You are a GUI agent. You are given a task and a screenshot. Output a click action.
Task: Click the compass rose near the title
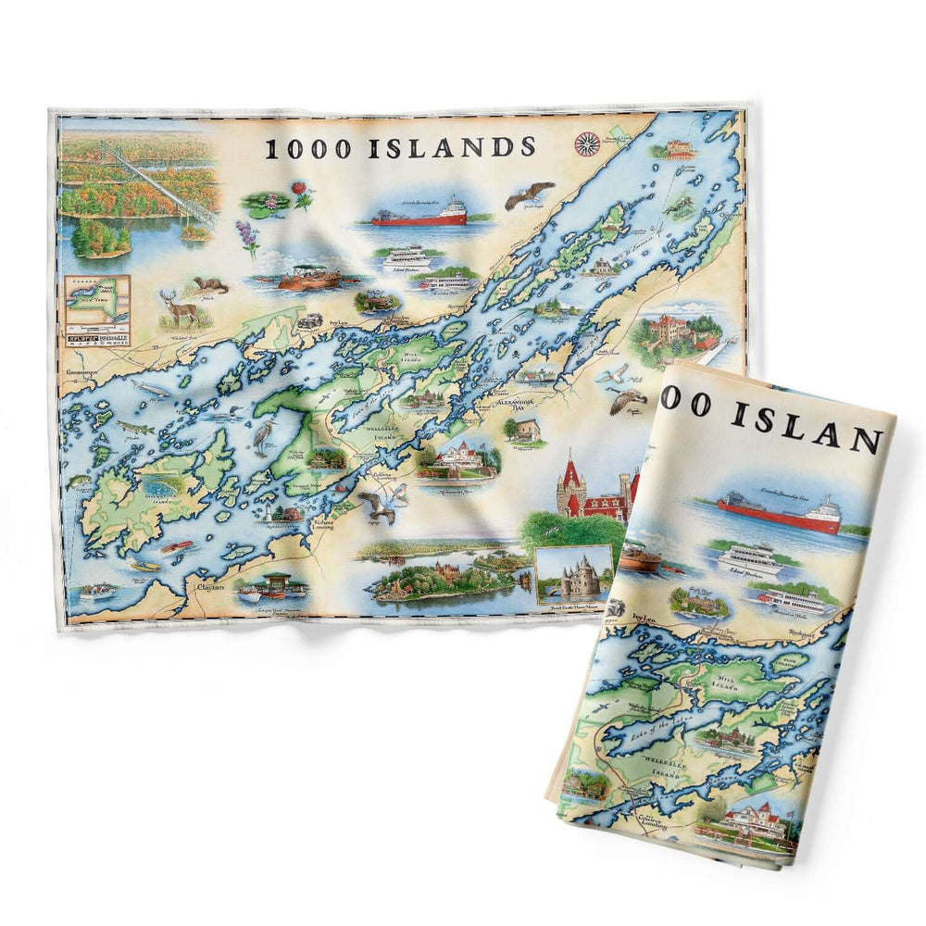(x=586, y=143)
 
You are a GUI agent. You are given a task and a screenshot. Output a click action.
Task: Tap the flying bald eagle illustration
(x=529, y=194)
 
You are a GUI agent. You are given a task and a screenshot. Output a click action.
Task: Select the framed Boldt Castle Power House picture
(x=574, y=574)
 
